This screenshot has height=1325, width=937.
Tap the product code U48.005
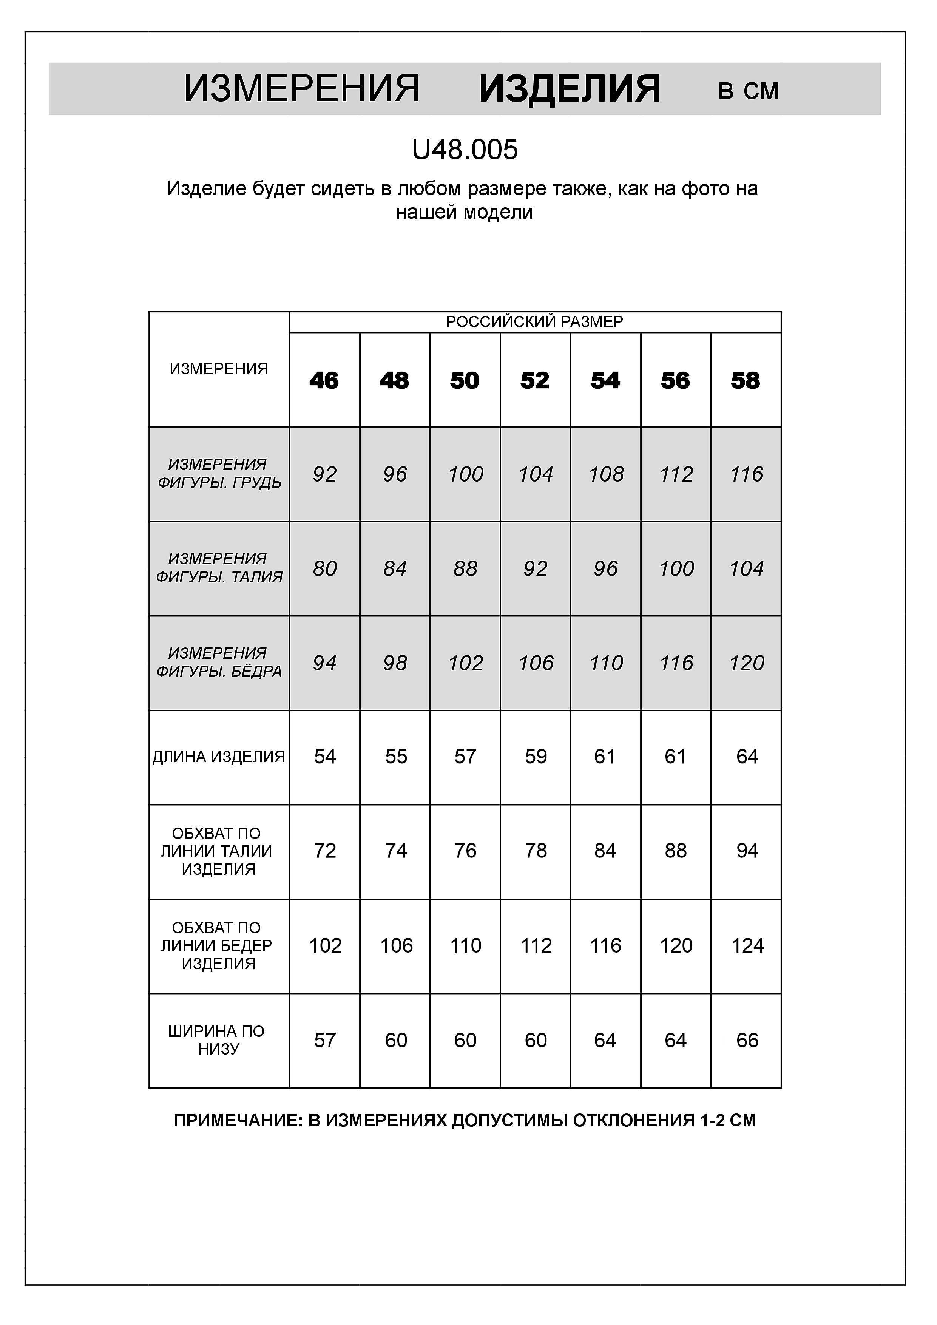[x=465, y=150]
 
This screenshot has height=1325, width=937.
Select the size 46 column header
[x=324, y=380]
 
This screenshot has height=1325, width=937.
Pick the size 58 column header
[x=746, y=380]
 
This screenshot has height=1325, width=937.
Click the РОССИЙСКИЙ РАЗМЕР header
[x=534, y=322]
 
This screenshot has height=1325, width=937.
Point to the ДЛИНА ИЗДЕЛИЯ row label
[x=219, y=757]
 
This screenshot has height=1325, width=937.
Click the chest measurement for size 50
[x=465, y=474]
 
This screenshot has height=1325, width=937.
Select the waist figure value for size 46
[x=324, y=569]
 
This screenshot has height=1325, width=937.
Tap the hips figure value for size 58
[x=747, y=663]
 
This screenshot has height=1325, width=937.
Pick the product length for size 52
[x=536, y=757]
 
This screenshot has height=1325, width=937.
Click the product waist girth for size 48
[x=396, y=851]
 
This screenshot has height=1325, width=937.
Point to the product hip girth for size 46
[x=325, y=945]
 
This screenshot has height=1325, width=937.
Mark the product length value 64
[x=747, y=757]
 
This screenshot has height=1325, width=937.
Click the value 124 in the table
[x=747, y=945]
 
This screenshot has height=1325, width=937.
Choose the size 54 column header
[x=605, y=380]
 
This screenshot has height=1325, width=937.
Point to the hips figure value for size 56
[x=676, y=663]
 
